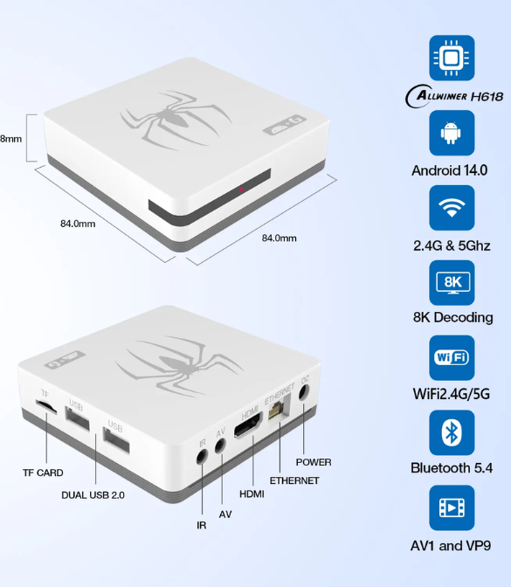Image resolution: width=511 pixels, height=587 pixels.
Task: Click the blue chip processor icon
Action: [x=452, y=58]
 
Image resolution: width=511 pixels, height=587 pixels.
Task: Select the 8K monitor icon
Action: [x=452, y=283]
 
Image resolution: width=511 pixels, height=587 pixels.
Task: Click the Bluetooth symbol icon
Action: [x=452, y=432]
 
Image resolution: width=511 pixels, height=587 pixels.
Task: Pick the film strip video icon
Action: [x=452, y=508]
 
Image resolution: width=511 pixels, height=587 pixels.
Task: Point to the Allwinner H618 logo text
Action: [x=454, y=96]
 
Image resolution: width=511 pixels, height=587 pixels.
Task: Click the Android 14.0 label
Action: [x=450, y=170]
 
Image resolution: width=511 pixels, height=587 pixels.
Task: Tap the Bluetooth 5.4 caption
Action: [x=452, y=468]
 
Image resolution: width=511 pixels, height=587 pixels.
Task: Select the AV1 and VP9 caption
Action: [x=451, y=546]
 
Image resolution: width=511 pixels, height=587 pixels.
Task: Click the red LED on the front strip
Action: [x=241, y=190]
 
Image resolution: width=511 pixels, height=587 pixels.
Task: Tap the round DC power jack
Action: [x=303, y=393]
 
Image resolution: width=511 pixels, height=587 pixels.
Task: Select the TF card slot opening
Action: [x=46, y=406]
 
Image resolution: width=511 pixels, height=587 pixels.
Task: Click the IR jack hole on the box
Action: [x=202, y=456]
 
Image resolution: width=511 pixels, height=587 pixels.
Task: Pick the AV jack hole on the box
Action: [x=220, y=445]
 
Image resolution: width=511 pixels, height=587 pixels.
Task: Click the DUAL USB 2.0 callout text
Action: [x=93, y=495]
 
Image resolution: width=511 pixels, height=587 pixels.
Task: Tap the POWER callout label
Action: [x=314, y=462]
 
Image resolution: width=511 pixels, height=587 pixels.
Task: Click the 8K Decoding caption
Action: [x=453, y=317]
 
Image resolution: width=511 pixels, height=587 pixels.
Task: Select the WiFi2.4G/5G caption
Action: [x=452, y=394]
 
